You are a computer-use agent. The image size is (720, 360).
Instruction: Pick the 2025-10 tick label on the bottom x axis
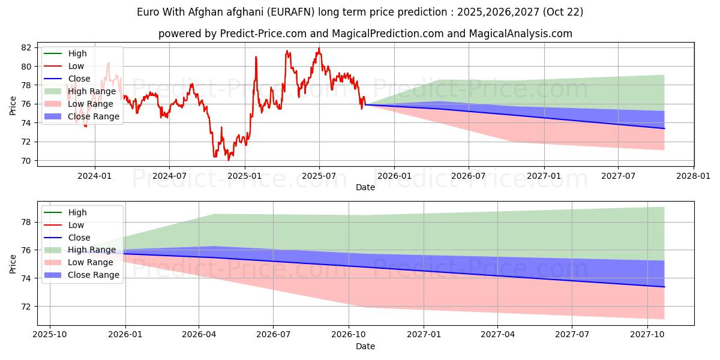click(50, 334)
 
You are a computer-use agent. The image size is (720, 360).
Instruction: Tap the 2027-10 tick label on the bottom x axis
click(648, 334)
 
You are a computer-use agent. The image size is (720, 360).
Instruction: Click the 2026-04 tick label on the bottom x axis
click(199, 334)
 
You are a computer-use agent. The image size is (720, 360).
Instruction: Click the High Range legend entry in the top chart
click(92, 91)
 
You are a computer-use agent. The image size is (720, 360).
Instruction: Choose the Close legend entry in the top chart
click(79, 79)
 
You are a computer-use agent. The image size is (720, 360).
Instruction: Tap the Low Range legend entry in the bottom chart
click(91, 262)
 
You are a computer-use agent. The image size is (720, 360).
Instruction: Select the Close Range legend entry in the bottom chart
click(94, 275)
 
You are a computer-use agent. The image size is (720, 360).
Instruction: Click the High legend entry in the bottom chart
click(77, 212)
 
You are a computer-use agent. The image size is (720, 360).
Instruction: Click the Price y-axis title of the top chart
click(13, 104)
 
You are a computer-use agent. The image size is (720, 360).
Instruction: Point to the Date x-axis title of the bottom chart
click(365, 346)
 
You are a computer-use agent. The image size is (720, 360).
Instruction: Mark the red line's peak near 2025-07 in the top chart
click(319, 49)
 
